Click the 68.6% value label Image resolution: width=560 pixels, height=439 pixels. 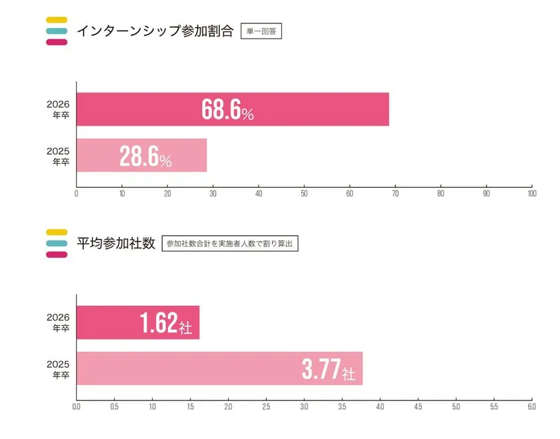pos(227,111)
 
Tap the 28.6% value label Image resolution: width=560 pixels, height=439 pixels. pos(145,157)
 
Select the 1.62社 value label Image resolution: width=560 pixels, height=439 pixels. pos(166,324)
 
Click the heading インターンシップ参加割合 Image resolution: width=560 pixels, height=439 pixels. pos(155,31)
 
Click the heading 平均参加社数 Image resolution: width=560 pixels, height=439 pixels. pos(116,243)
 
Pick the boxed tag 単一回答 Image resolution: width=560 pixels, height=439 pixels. pos(261,31)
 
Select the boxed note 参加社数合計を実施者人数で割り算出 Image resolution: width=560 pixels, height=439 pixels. pos(230,244)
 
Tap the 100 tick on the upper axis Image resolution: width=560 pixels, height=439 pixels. pos(531,194)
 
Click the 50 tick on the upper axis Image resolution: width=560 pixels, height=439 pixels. pos(304,194)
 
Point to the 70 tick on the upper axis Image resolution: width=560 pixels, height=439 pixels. pos(395,194)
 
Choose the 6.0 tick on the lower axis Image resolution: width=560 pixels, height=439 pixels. pos(531,406)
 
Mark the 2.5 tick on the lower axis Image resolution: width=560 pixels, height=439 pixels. pos(266,406)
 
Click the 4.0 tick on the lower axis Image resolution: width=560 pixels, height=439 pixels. pos(380,406)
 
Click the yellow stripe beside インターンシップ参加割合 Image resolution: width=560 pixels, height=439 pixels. pos(57,19)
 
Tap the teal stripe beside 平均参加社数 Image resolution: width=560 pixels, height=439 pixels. pos(57,243)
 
